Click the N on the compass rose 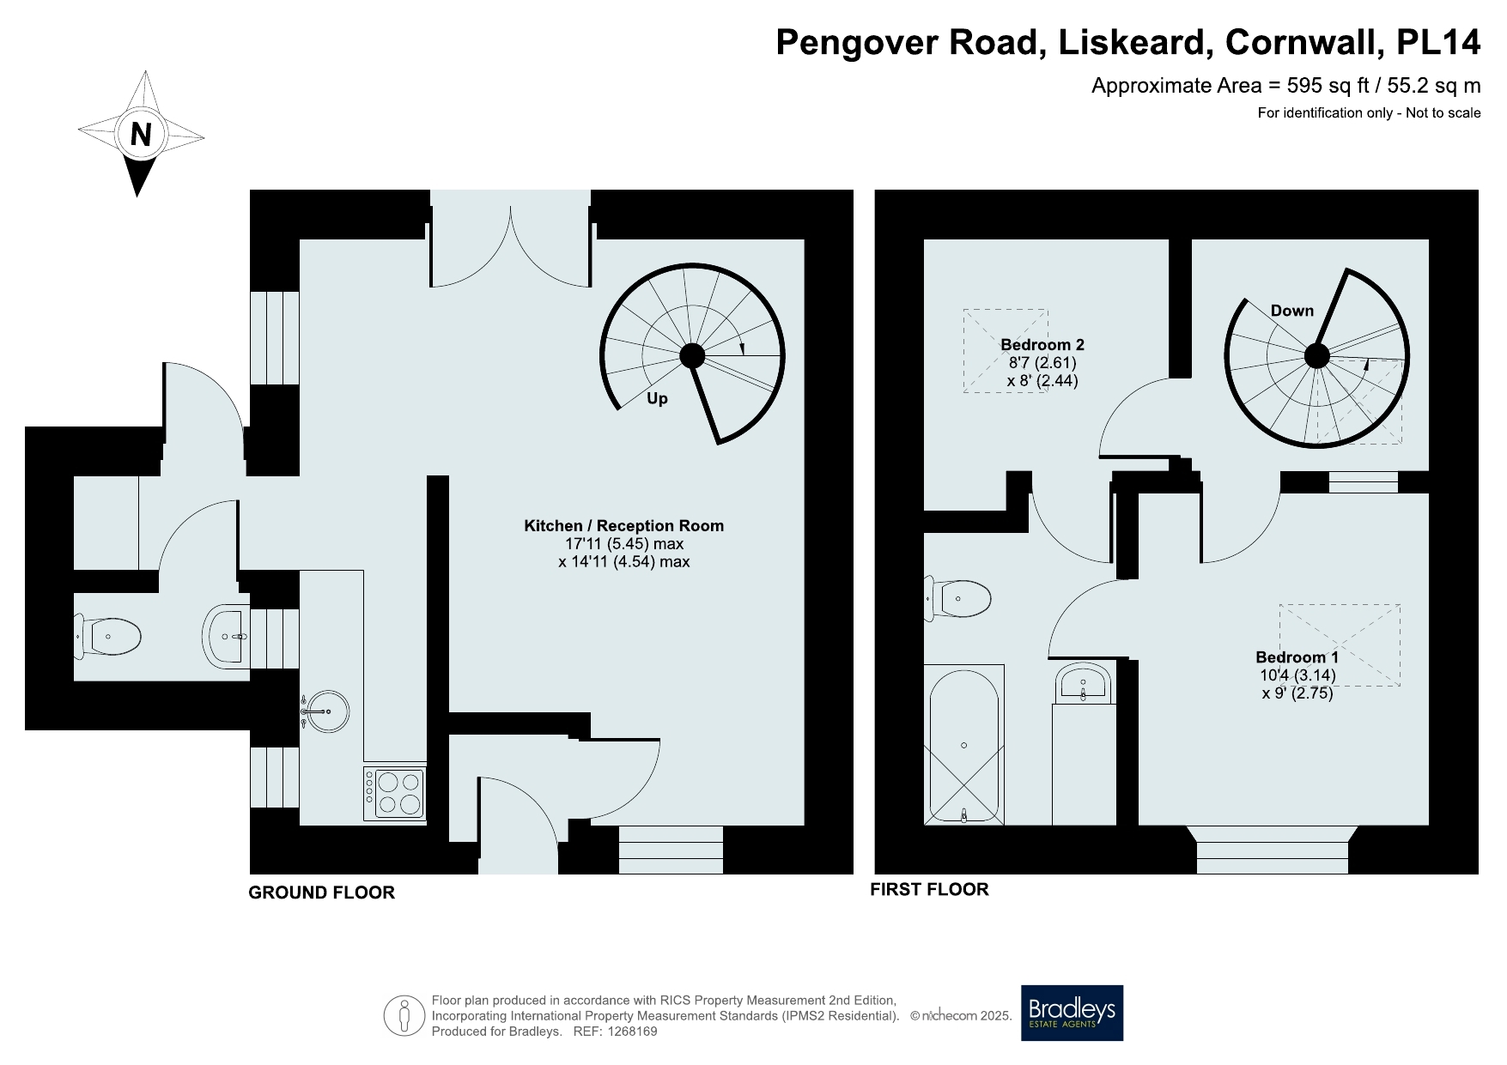(141, 135)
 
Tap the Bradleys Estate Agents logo (1072, 1013)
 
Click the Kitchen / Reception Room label (624, 525)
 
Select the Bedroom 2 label (1042, 344)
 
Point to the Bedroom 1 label (1297, 657)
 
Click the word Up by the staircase (657, 399)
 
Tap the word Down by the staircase (1292, 310)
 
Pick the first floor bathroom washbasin (1084, 683)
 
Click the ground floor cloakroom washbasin (227, 636)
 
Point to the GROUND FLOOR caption (322, 893)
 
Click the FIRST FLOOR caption (930, 889)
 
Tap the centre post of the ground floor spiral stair (692, 355)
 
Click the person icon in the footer (404, 1015)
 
